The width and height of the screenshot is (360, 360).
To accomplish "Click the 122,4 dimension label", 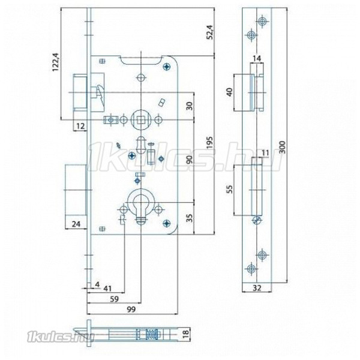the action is click(x=56, y=62).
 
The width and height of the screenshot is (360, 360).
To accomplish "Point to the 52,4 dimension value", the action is click(x=210, y=32).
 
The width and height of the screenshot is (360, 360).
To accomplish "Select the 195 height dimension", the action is click(x=210, y=144).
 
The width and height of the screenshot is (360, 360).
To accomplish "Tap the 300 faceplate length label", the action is click(x=283, y=148).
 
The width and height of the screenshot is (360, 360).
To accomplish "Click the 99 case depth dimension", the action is click(x=131, y=309).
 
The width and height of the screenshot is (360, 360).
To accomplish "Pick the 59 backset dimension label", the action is click(x=115, y=299).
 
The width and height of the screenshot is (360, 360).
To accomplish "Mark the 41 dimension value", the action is click(x=107, y=289).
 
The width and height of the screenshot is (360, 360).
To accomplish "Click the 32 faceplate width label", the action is click(x=257, y=287).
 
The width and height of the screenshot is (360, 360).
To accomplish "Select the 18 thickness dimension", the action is click(x=186, y=332).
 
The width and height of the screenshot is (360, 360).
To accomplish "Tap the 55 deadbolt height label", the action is click(x=230, y=189).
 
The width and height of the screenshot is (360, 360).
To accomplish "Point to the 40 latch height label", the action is click(x=230, y=92).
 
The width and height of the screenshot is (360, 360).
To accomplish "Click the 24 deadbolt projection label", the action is click(x=76, y=224).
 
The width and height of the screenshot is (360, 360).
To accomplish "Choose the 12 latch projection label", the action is click(x=80, y=126).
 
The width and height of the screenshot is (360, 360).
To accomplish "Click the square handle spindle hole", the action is click(x=139, y=119).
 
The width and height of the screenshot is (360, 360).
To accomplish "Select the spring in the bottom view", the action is click(x=151, y=334).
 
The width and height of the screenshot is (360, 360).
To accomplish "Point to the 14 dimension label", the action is click(x=257, y=59).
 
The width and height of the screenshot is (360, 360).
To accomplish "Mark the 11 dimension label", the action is click(x=265, y=152).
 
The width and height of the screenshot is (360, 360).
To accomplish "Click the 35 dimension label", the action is click(x=190, y=218).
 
